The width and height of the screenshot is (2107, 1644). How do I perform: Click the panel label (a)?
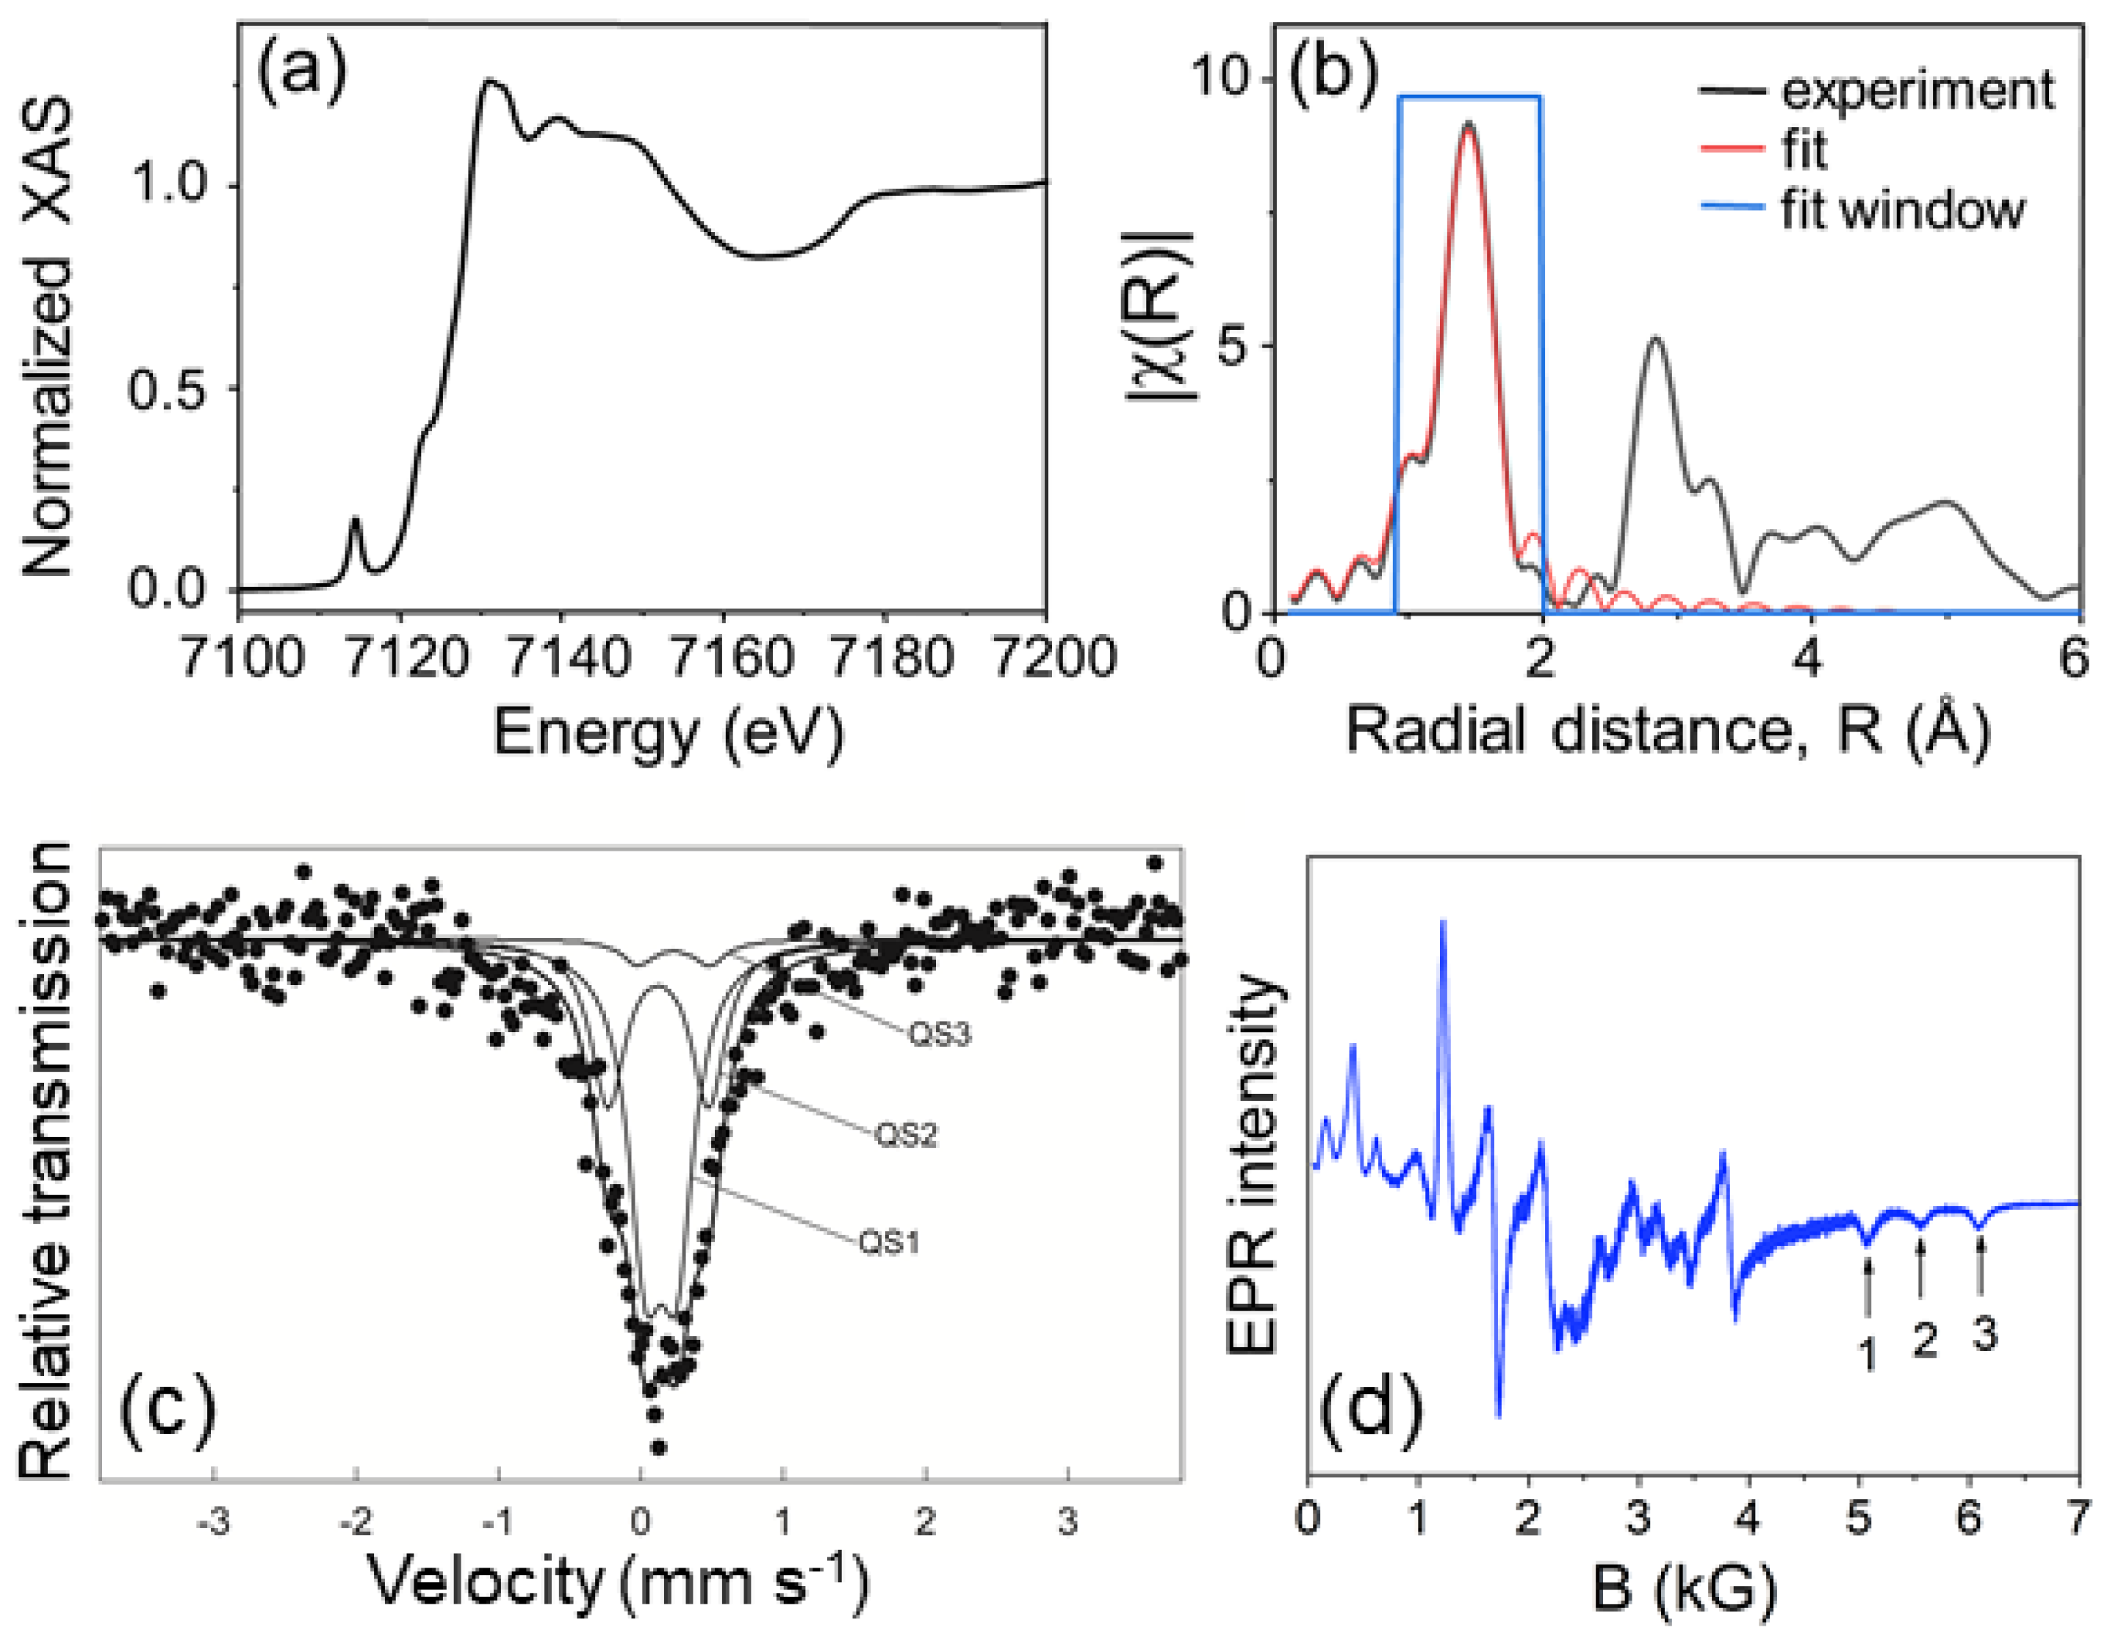pyautogui.click(x=301, y=73)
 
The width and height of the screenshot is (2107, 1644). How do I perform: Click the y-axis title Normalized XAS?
pyautogui.click(x=46, y=338)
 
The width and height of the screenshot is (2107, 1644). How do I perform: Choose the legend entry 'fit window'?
pyautogui.click(x=1901, y=209)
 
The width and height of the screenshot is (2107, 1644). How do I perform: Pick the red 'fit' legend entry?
pyautogui.click(x=1802, y=151)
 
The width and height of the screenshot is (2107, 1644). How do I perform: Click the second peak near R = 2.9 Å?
pyautogui.click(x=1655, y=339)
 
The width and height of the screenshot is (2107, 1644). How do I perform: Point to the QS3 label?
pyautogui.click(x=939, y=1034)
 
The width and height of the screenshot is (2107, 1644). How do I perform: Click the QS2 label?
pyautogui.click(x=905, y=1136)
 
